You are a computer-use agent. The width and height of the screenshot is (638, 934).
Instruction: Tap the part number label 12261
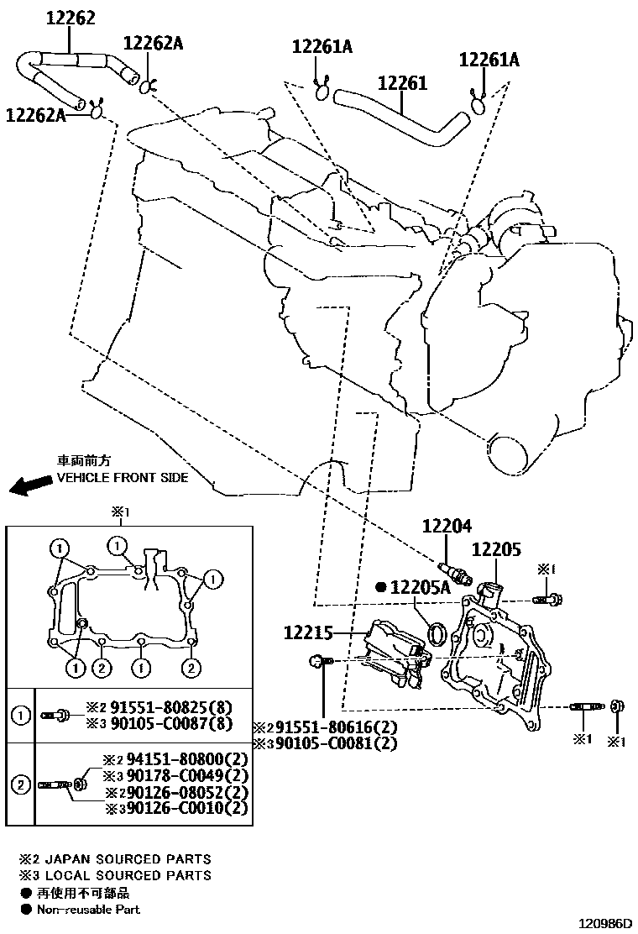click(402, 83)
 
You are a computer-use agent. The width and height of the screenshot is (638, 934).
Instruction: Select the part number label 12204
click(447, 526)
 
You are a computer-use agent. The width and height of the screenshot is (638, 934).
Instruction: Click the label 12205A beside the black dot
click(423, 588)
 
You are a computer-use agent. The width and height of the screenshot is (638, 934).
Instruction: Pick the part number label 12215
click(308, 632)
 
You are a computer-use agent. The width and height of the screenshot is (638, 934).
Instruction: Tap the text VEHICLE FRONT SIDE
click(122, 477)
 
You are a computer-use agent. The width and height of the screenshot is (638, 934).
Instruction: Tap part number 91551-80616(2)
click(333, 727)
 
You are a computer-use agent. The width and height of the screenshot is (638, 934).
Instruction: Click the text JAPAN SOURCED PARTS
click(126, 859)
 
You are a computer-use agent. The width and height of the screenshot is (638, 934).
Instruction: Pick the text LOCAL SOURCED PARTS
click(126, 875)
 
